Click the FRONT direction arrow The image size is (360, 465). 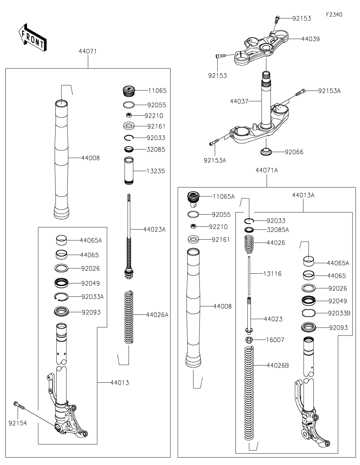(32, 37)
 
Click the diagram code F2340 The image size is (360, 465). (334, 15)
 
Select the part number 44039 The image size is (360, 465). (310, 39)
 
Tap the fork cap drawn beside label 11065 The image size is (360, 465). (129, 91)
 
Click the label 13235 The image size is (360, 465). (156, 171)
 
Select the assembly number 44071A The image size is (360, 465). (267, 170)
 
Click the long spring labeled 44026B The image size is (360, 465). (249, 393)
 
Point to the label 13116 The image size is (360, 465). (272, 274)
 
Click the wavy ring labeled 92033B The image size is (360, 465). (308, 313)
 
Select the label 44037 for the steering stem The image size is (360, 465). (239, 101)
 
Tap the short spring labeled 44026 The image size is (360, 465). (249, 244)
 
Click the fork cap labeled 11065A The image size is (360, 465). (193, 198)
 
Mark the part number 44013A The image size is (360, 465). (303, 195)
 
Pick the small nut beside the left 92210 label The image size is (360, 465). (129, 115)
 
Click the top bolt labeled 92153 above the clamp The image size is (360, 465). (277, 19)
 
